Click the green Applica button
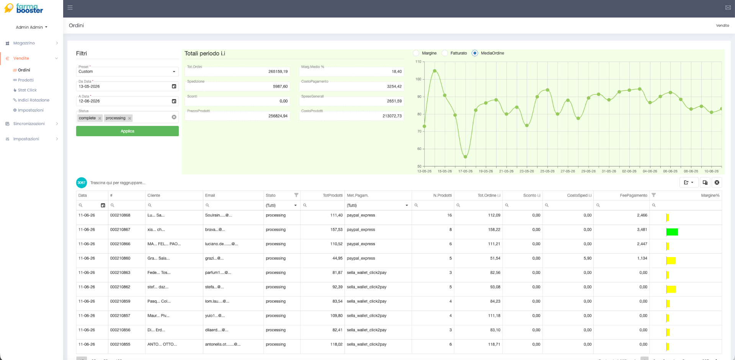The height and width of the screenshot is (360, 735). coord(127,131)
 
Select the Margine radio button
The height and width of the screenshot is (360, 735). coord(416,53)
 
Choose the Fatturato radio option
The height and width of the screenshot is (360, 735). coord(445,53)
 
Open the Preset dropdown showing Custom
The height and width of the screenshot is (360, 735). coord(127,72)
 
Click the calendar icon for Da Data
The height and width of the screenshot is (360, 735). coord(174,86)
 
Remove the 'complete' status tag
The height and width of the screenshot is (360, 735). coord(100,118)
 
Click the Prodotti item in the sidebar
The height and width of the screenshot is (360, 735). coord(26,80)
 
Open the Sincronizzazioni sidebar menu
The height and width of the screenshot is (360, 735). coord(29,124)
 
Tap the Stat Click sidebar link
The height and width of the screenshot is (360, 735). coord(27,90)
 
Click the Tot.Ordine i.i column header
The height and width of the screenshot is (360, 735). coord(489,195)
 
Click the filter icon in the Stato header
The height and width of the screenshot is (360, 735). coord(296,195)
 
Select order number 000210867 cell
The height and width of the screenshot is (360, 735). coord(120,230)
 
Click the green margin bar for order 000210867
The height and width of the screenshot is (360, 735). coord(672,232)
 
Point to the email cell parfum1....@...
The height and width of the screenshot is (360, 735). coord(218,273)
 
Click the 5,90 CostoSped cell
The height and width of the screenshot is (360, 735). coord(588,258)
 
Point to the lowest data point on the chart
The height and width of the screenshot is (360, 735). coord(465,157)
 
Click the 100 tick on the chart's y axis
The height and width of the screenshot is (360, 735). coord(418,79)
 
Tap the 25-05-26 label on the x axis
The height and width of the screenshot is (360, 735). coord(547,171)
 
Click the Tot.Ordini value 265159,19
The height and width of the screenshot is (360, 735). coord(278,72)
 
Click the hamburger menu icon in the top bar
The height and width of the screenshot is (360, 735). coord(70,7)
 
